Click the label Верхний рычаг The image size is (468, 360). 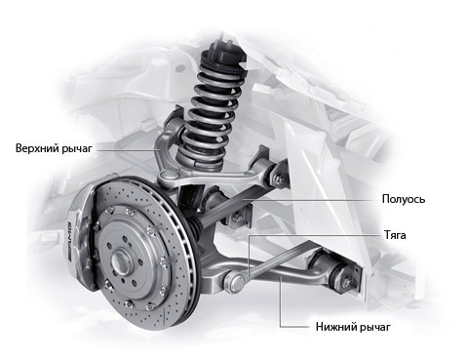[x=54, y=148]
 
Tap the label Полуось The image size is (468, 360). [x=404, y=199]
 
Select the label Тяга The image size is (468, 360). [x=395, y=235]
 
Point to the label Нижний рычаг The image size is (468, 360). [x=353, y=327]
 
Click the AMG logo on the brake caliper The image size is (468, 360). [x=69, y=241]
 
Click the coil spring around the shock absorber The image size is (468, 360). [x=211, y=107]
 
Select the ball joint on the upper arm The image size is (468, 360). [x=169, y=177]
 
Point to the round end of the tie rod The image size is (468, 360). [x=235, y=281]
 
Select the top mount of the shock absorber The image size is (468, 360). [x=222, y=49]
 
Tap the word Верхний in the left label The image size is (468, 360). [x=37, y=148]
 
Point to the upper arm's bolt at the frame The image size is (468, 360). [x=279, y=179]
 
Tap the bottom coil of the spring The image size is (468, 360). [x=200, y=158]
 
